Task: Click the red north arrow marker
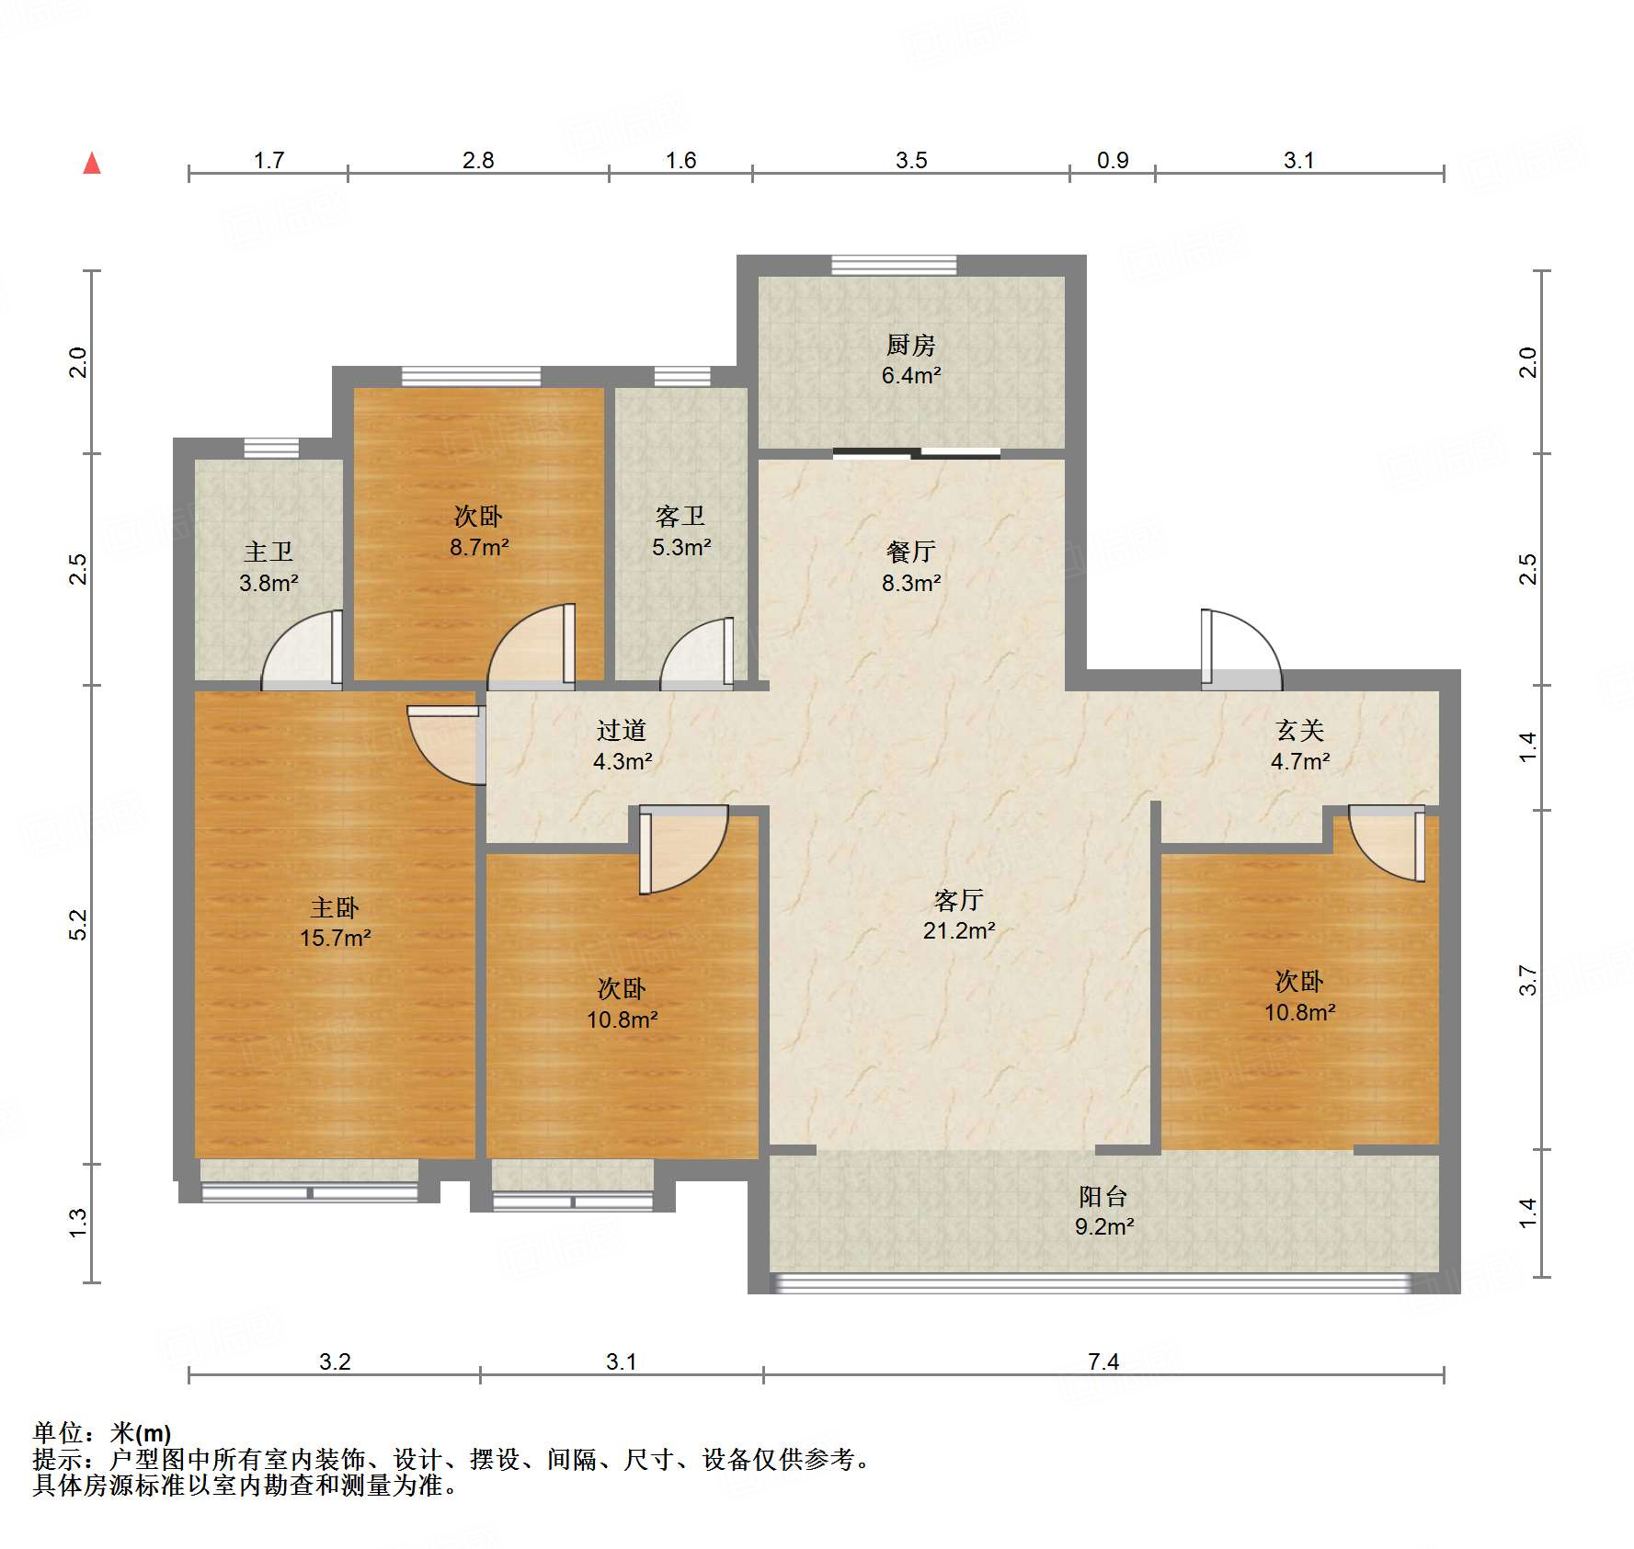pos(92,164)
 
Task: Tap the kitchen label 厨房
pos(910,345)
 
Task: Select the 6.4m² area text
pos(910,375)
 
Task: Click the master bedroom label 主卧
pos(335,907)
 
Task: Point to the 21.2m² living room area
pos(958,930)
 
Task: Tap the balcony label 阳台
pos(1103,1196)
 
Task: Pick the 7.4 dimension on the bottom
pos(1103,1361)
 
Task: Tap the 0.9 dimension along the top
pos(1112,160)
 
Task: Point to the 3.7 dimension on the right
pos(1527,979)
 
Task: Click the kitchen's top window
pos(894,265)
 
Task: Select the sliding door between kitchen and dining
pos(917,452)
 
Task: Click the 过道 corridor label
pos(622,730)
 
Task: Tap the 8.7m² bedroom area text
pos(478,547)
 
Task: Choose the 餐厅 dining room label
pos(910,552)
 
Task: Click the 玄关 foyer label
pos(1299,730)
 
